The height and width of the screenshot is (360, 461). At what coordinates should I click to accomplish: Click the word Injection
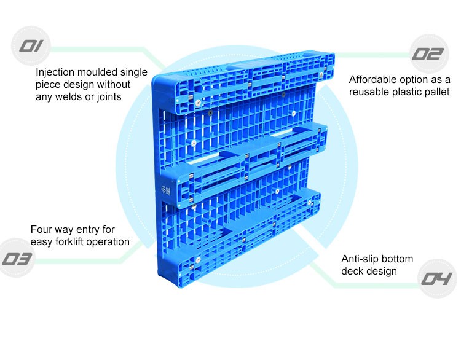point(58,72)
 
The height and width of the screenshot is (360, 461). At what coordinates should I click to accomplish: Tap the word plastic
point(404,92)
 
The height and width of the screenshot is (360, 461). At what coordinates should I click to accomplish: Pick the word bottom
point(398,259)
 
